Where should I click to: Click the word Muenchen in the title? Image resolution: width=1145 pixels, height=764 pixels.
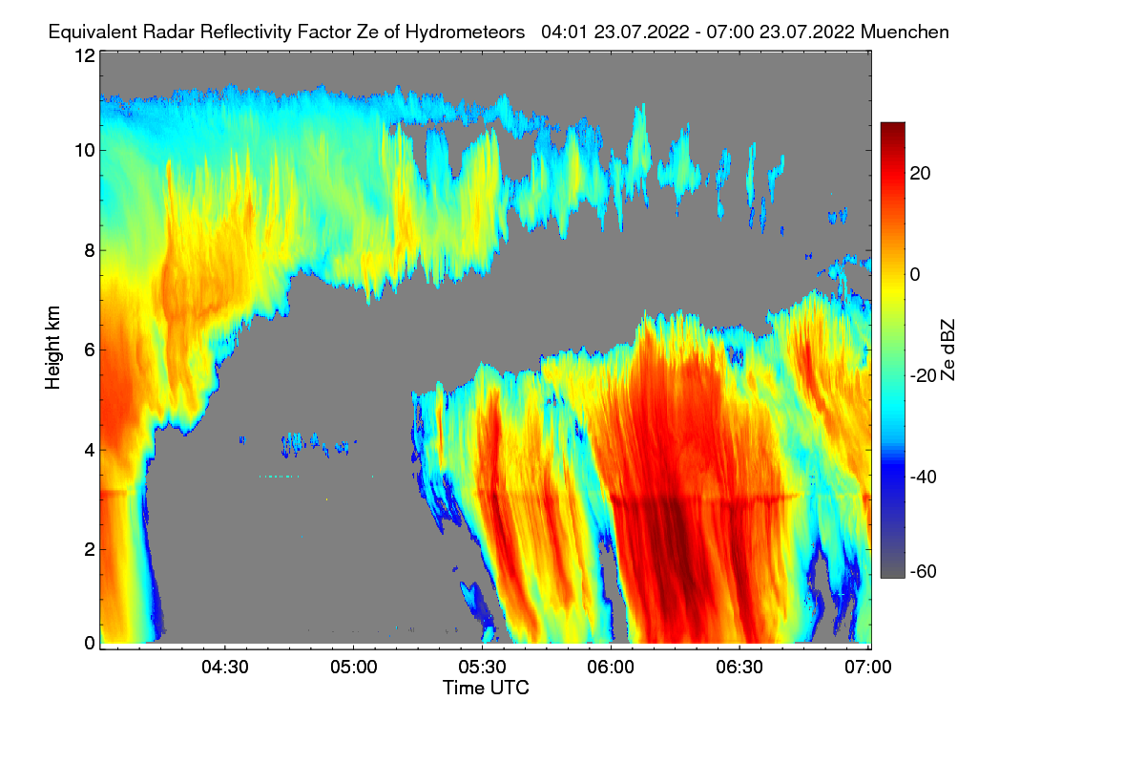pos(905,32)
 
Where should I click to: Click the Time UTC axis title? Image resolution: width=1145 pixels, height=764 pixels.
pos(486,688)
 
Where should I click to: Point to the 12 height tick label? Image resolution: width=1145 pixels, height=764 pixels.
pos(84,55)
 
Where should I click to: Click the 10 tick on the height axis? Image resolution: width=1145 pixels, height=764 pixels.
pos(84,150)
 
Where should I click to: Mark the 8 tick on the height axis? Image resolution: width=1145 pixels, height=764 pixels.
pos(89,250)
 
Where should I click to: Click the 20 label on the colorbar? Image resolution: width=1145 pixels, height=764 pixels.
pos(921,173)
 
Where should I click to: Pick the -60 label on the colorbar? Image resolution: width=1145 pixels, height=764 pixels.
pos(926,571)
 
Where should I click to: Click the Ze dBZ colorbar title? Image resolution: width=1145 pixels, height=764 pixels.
pos(948,348)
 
